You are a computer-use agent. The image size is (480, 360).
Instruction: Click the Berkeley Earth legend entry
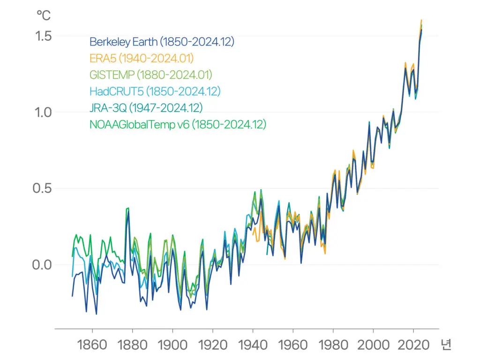[x=162, y=42]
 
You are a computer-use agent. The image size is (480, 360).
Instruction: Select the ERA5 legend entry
[x=142, y=58]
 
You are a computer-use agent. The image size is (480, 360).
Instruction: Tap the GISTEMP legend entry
[x=150, y=75]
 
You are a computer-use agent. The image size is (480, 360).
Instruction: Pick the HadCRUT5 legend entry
[x=155, y=91]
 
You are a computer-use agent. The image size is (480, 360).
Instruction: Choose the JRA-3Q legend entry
[x=146, y=108]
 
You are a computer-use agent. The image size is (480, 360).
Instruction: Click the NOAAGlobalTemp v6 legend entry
[x=178, y=124]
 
